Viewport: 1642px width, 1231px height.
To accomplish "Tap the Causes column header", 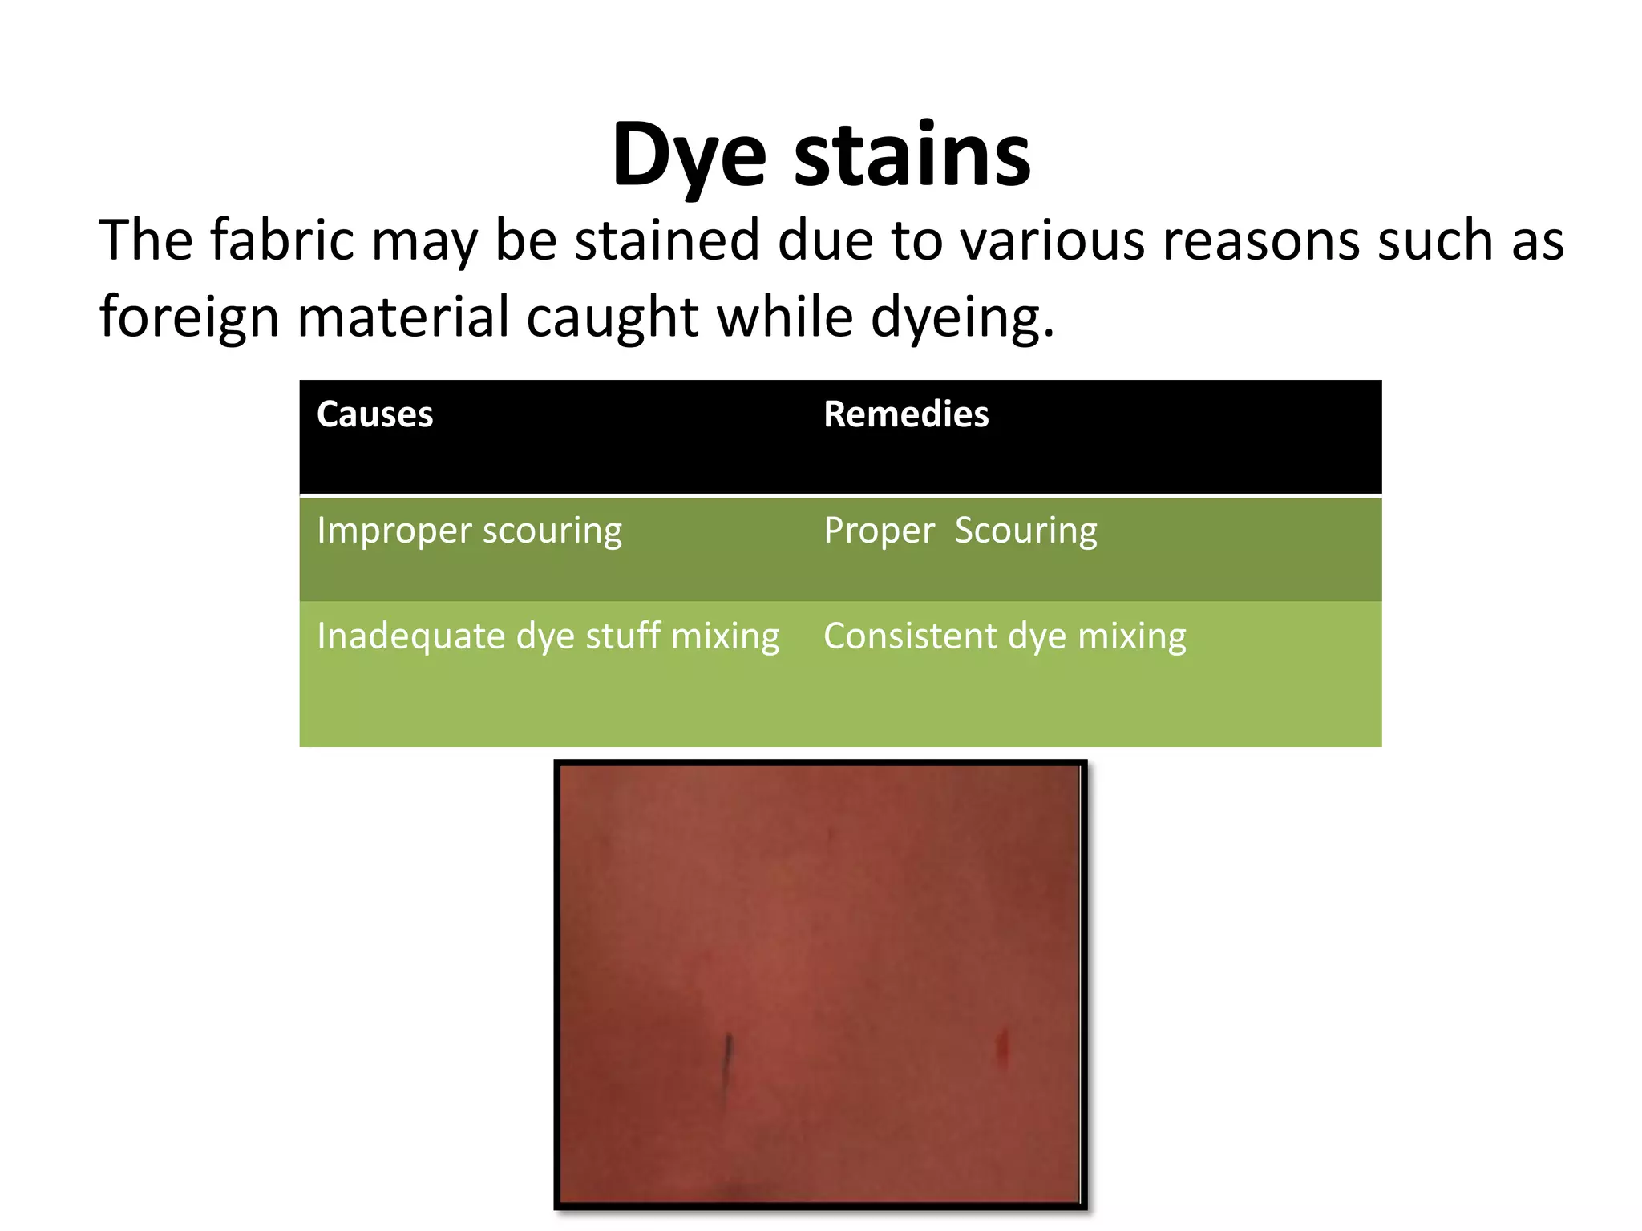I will click(374, 414).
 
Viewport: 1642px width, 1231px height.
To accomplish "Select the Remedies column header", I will click(906, 414).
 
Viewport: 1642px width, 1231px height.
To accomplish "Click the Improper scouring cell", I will click(469, 531).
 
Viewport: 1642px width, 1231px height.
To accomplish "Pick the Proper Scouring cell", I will click(960, 531).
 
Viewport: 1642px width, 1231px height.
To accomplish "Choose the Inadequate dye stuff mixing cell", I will click(548, 636).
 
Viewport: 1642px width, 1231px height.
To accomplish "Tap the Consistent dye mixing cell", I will click(1005, 636).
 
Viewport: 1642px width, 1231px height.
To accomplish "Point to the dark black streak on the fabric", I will click(727, 1062).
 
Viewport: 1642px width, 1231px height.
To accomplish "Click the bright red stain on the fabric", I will click(1001, 1049).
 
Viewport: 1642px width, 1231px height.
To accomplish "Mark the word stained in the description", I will click(666, 240).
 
